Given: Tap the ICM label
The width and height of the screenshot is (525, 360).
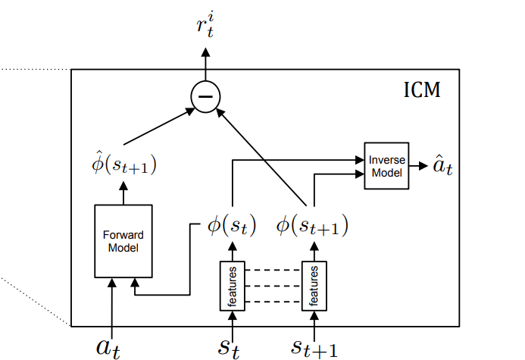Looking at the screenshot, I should (420, 92).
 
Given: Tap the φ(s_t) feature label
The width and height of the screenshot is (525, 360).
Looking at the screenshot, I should (232, 226).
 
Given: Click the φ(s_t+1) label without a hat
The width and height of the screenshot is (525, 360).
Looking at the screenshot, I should (312, 226).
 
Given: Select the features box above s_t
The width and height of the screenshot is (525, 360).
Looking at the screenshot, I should (232, 285).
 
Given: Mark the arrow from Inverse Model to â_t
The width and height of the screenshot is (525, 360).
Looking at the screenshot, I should (417, 166).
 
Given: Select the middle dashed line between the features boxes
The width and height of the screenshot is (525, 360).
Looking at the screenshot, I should (273, 286).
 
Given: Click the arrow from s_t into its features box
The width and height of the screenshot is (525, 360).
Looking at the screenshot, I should (232, 321).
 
